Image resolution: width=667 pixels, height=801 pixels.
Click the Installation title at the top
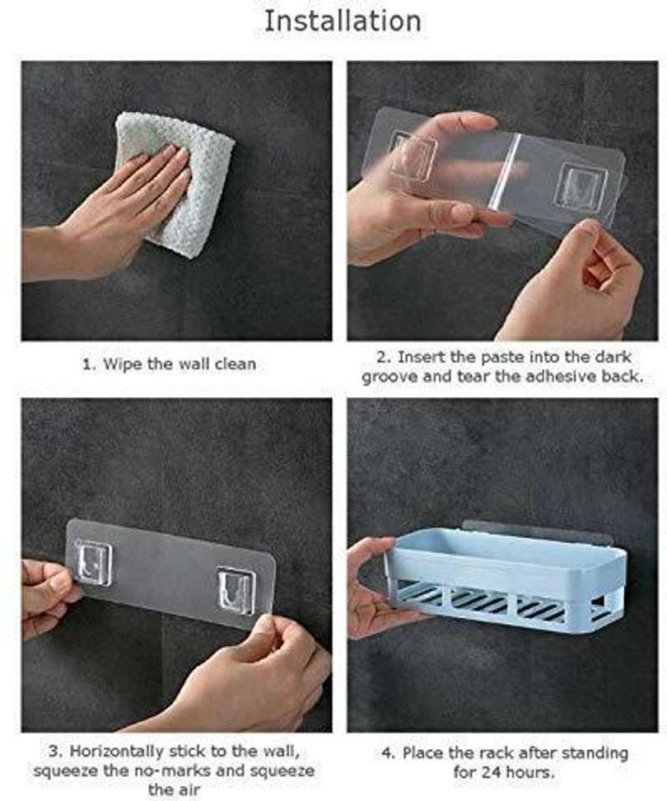click(343, 21)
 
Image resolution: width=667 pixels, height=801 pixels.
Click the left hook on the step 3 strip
click(93, 562)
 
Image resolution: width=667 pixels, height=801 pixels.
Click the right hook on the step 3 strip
click(236, 591)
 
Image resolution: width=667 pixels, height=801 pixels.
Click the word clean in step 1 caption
click(235, 365)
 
